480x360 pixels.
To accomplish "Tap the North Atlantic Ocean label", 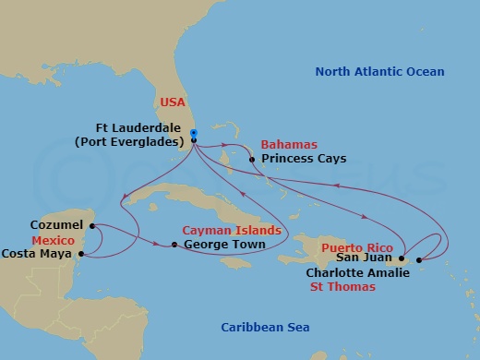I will pos(379,72).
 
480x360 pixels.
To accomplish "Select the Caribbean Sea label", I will pos(265,328).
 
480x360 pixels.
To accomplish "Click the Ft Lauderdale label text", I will pos(140,128).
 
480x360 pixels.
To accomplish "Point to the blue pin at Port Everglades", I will pos(193,134).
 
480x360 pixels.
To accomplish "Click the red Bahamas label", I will pos(288,145).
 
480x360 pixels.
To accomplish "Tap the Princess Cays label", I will pos(304,159).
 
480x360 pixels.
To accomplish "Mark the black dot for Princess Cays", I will pos(252,159).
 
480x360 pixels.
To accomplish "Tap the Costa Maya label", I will pos(39,253).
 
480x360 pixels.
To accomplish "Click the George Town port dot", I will pos(174,245).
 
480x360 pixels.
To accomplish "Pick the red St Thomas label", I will pos(342,287).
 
